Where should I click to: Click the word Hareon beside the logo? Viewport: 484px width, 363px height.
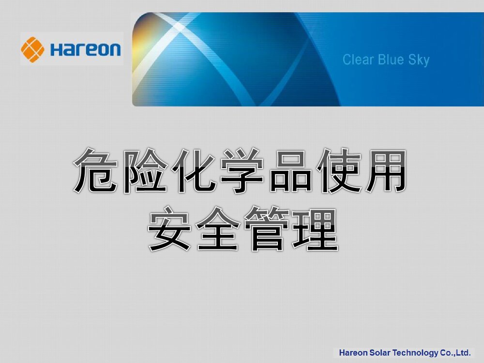tap(85, 49)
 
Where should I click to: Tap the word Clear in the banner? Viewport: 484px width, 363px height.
tap(358, 60)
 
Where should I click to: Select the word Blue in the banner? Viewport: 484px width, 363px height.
tap(392, 60)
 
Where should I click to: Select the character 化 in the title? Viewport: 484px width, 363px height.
tap(193, 172)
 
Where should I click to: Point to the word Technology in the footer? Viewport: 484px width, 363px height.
tap(415, 353)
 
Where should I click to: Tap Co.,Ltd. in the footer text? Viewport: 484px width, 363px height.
tap(455, 352)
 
